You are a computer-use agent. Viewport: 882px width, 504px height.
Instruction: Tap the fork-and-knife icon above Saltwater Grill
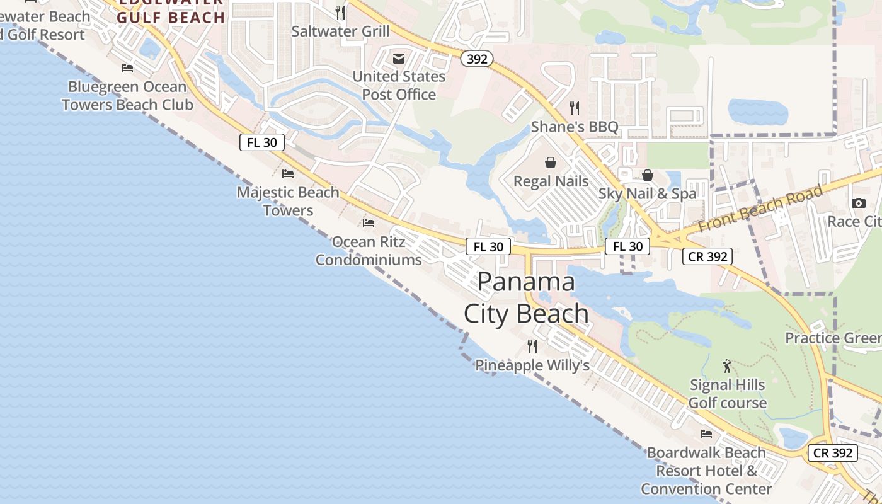point(340,12)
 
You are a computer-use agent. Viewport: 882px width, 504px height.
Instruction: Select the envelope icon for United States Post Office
point(399,59)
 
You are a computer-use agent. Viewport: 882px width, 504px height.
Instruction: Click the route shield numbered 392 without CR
point(477,59)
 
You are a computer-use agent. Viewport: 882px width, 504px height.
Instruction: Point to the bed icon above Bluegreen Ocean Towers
point(127,68)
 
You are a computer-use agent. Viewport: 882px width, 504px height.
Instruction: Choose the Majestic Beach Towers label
point(288,201)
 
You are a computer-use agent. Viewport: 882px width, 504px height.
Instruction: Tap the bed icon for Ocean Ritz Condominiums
point(369,222)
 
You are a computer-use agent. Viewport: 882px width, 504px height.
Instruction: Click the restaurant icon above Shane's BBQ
point(574,108)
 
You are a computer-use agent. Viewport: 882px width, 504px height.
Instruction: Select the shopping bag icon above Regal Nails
point(551,163)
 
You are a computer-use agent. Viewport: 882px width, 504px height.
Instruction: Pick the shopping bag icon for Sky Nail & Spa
point(647,175)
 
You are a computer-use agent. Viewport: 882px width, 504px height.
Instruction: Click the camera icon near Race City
point(858,203)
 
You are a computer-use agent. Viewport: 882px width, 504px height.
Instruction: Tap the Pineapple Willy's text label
point(532,365)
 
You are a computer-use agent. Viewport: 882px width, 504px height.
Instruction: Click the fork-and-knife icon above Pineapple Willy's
point(532,346)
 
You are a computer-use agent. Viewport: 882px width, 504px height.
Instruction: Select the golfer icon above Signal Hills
point(727,366)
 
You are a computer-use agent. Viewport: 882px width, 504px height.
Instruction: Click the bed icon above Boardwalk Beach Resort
point(706,434)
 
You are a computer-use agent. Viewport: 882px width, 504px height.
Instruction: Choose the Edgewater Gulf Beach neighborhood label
point(171,11)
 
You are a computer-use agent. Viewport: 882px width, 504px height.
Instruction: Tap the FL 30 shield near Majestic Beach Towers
point(262,142)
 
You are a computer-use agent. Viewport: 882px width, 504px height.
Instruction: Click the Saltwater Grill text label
point(340,31)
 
